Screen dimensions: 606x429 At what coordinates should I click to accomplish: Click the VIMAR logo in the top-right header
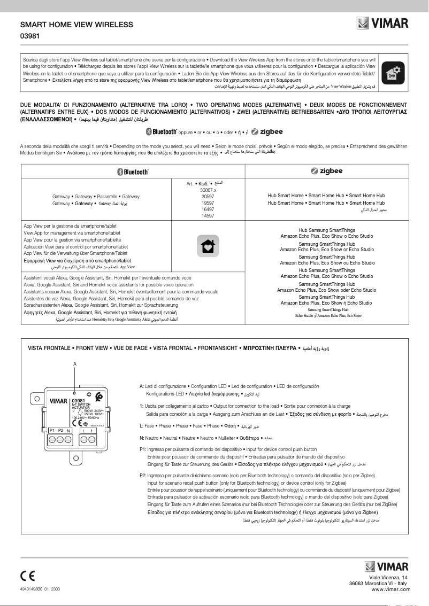pos(383,24)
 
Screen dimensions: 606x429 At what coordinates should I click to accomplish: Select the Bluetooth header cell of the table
pos(133,172)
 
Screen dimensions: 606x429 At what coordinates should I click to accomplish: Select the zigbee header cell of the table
pos(327,171)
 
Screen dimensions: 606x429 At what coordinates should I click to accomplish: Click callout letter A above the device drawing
pos(75,364)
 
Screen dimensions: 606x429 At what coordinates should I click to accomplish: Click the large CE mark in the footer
pos(27,576)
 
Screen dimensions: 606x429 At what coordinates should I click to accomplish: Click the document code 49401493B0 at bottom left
pos(33,588)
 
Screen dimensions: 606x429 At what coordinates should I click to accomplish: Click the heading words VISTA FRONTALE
pos(50,348)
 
